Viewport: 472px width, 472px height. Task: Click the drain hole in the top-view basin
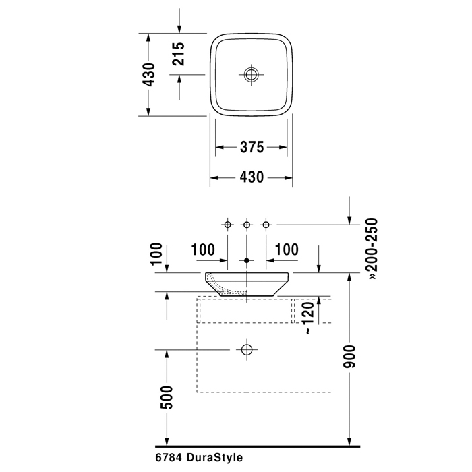coord(252,74)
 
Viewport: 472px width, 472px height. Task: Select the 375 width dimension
coord(252,146)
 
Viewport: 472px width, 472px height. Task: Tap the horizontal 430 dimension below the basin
coord(252,177)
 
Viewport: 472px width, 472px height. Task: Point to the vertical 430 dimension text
coord(150,74)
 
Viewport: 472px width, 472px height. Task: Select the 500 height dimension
coord(167,397)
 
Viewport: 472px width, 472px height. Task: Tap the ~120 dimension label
coord(307,317)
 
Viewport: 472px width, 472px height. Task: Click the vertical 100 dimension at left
coord(156,255)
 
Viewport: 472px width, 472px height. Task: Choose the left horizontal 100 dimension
coord(203,249)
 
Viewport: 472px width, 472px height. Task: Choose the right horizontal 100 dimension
coord(286,249)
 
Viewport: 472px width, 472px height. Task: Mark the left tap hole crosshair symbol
coord(227,223)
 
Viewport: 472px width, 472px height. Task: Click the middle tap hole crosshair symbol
coord(247,223)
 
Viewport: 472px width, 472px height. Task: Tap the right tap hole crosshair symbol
coord(266,223)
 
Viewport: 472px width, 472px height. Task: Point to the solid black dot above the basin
coord(247,260)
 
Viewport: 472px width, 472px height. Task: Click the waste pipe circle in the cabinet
coord(247,349)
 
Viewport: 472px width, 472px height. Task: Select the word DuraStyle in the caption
coord(214,457)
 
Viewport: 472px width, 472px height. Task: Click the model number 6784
coord(169,457)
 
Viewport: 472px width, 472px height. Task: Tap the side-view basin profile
coord(247,283)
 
